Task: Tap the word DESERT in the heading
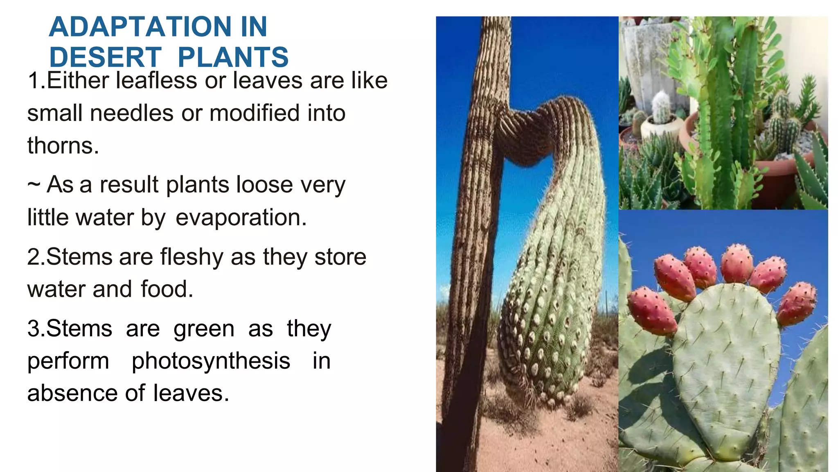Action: tap(105, 57)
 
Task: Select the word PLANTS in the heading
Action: tap(233, 57)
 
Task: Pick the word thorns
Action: tap(63, 146)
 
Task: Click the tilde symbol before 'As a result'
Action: tap(34, 185)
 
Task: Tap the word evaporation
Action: tap(241, 217)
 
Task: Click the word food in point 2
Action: tap(167, 289)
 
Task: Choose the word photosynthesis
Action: tap(211, 361)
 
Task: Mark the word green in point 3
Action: tap(204, 329)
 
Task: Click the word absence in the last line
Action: tap(72, 393)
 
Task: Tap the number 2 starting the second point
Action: tap(33, 257)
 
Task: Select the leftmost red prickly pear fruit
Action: tap(651, 311)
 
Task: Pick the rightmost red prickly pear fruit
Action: tap(796, 303)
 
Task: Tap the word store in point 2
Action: tap(340, 257)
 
